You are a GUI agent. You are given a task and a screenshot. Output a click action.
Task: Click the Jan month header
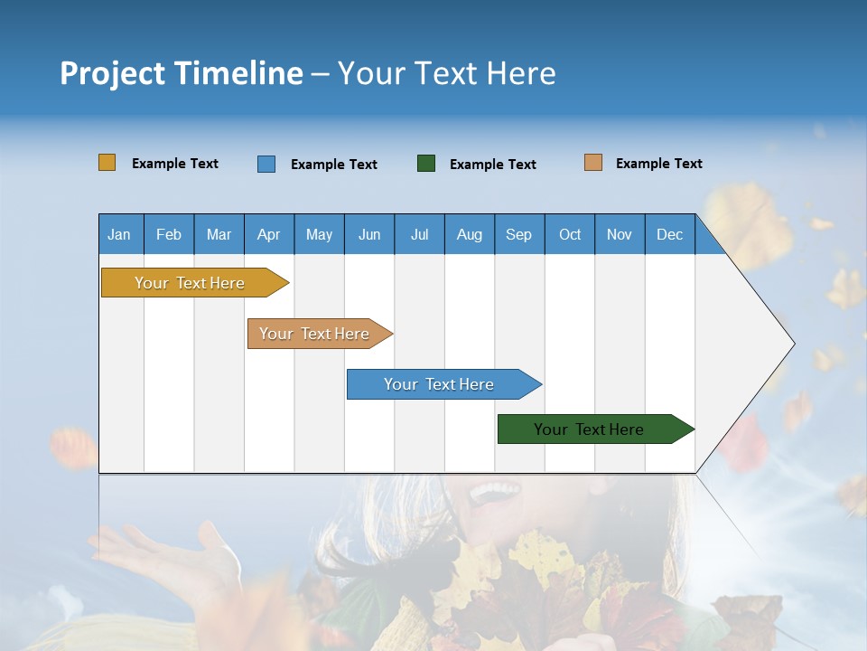tap(119, 234)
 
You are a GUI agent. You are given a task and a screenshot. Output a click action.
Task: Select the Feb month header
tap(169, 234)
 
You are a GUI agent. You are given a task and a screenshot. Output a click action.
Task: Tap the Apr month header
tap(268, 234)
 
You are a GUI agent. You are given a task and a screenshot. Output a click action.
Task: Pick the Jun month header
tap(369, 234)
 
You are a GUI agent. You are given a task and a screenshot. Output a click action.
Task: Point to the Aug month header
tap(469, 234)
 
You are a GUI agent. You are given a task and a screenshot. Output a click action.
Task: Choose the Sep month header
tap(518, 234)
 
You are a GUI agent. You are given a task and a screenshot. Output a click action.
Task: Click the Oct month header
tap(570, 234)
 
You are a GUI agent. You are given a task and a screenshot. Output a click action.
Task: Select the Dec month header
tap(669, 234)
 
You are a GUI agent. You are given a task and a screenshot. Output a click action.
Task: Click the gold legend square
tap(107, 163)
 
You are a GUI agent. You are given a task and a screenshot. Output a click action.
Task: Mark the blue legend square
tap(266, 164)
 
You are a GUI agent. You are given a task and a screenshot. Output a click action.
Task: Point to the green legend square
tap(426, 164)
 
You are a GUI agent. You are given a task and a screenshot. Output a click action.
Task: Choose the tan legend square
tap(592, 163)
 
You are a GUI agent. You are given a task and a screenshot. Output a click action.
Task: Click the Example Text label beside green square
tap(493, 165)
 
